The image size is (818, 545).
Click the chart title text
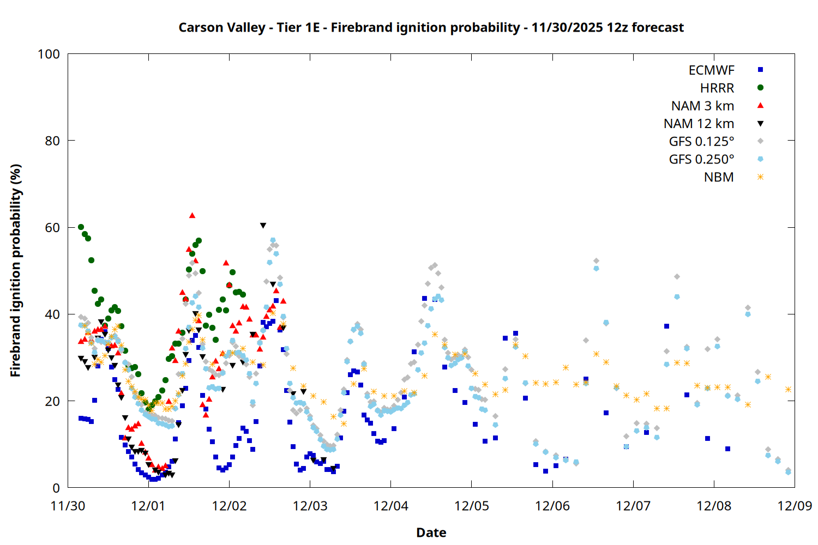(x=431, y=27)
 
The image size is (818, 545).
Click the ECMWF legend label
(x=711, y=70)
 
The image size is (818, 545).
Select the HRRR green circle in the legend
(x=760, y=88)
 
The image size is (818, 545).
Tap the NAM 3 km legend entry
(x=702, y=106)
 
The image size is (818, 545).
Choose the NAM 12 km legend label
(x=699, y=124)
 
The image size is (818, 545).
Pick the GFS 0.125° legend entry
(x=701, y=142)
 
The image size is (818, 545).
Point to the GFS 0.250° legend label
(x=701, y=159)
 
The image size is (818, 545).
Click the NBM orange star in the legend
(x=760, y=177)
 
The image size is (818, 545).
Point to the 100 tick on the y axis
(x=49, y=54)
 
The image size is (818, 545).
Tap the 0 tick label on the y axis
(x=56, y=488)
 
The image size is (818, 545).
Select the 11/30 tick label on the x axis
(x=68, y=506)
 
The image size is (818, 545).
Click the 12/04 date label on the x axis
(x=390, y=506)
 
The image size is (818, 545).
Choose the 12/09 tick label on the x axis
(x=795, y=506)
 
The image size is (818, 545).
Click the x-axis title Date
(x=431, y=532)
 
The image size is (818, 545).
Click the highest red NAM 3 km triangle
(x=192, y=216)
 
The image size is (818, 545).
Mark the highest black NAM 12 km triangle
(x=263, y=226)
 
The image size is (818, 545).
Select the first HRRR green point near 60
(x=81, y=227)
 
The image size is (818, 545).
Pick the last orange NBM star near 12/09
(x=788, y=389)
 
